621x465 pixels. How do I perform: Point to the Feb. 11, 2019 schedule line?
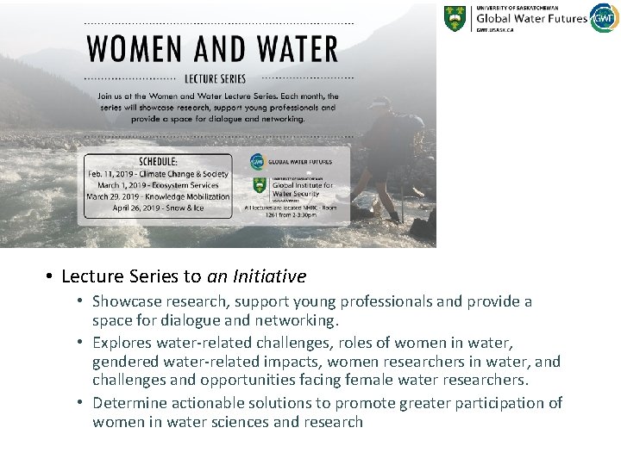pos(158,174)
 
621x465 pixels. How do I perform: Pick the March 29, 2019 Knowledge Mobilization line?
pos(158,196)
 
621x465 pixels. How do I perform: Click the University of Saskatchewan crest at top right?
pos(455,18)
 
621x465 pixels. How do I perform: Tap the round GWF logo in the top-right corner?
pos(605,17)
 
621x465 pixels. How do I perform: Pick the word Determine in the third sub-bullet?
pos(129,402)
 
